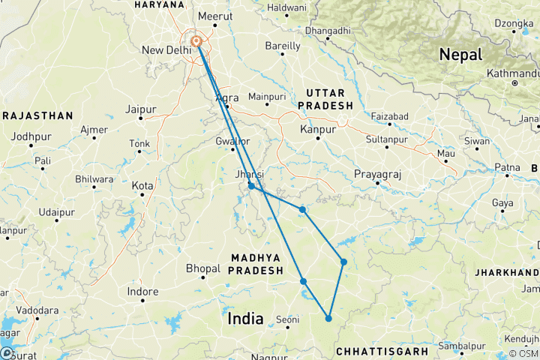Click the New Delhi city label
pos(163,51)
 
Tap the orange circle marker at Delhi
pos(196,41)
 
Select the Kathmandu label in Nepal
pos(512,73)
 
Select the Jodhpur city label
pos(29,136)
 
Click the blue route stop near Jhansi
pos(252,186)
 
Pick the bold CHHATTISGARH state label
pos(382,351)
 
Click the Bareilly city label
pos(283,46)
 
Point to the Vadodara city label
pos(38,310)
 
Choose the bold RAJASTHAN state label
pos(36,115)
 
